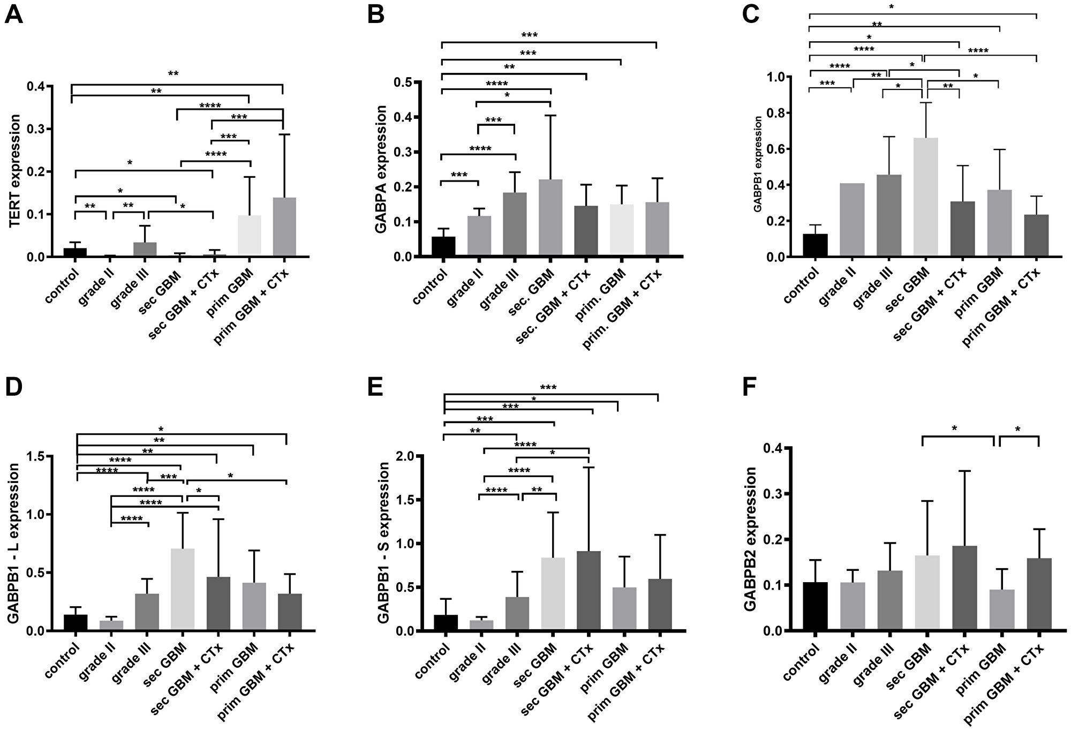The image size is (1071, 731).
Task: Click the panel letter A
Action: coord(14,14)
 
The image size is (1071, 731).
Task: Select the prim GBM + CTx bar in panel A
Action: coord(284,227)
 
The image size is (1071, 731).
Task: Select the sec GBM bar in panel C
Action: coord(926,197)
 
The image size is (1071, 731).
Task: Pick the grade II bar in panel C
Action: coord(851,220)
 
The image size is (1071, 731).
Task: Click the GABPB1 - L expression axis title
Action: coord(14,543)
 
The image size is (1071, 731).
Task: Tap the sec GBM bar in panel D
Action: coord(183,589)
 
